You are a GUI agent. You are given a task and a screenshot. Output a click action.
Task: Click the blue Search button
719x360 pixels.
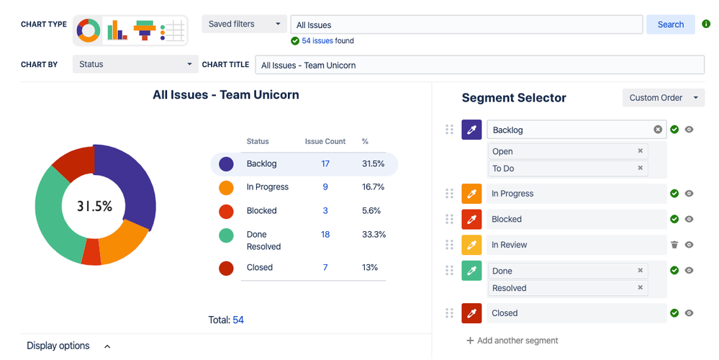click(x=670, y=24)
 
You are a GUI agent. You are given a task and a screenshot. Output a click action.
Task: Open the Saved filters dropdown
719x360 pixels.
click(x=245, y=24)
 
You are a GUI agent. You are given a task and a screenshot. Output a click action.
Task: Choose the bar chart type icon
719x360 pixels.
click(x=117, y=30)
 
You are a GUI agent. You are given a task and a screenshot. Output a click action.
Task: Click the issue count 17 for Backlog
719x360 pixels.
click(x=325, y=164)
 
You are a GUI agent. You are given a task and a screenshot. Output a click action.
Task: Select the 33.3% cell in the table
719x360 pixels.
click(x=374, y=235)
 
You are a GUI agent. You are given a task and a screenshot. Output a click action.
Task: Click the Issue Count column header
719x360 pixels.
click(x=325, y=142)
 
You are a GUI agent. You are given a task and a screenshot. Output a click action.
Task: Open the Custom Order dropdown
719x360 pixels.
click(x=663, y=98)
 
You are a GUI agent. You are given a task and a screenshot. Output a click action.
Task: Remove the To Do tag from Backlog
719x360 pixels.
click(x=640, y=168)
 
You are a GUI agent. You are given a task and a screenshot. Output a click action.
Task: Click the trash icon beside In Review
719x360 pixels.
click(x=674, y=245)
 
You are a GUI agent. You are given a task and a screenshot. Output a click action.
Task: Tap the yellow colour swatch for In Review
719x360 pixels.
click(x=471, y=245)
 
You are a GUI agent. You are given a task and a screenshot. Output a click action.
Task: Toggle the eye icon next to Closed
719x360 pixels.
click(x=689, y=313)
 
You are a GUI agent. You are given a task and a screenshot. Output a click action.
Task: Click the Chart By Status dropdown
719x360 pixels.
click(x=135, y=65)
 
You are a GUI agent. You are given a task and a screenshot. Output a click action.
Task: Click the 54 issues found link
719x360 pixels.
click(x=317, y=41)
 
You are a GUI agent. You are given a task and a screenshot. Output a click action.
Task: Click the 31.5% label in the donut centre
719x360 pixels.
click(x=95, y=207)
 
